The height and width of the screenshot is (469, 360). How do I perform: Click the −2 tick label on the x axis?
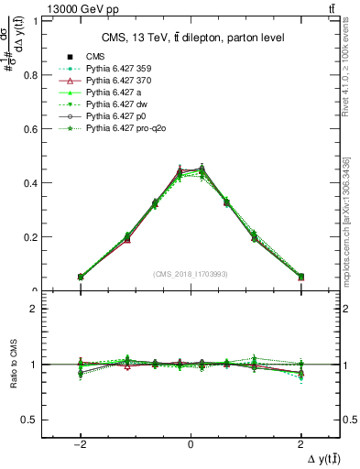(x=81, y=442)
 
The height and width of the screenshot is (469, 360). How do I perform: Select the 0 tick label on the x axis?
(x=191, y=442)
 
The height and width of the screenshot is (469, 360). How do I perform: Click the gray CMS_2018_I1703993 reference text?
(x=191, y=274)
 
